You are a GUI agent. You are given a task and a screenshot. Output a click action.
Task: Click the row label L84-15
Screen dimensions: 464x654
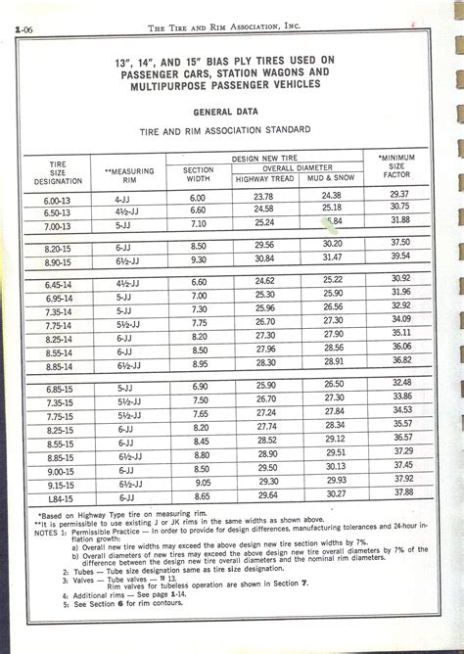[x=57, y=494]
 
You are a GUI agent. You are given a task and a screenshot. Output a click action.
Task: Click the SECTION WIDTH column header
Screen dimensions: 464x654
[x=199, y=173]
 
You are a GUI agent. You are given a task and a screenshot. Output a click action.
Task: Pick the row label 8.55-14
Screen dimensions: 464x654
[x=57, y=349]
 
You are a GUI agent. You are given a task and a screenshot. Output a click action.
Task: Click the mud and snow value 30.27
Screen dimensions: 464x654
[x=336, y=494]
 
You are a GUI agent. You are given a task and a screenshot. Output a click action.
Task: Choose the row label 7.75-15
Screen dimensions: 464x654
[x=57, y=414]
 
